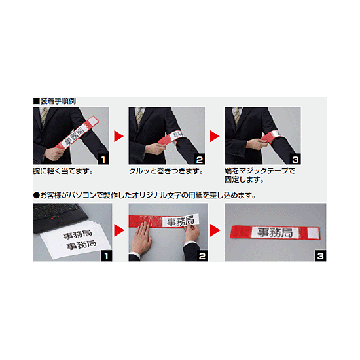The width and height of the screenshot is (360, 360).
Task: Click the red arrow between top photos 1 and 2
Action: [119, 136]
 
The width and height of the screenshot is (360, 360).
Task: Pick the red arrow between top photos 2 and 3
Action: [215, 136]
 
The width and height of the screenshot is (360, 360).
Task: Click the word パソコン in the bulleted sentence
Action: [93, 195]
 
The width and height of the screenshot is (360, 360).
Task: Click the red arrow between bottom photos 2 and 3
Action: [215, 232]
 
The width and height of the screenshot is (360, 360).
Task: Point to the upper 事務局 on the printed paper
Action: [78, 234]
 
